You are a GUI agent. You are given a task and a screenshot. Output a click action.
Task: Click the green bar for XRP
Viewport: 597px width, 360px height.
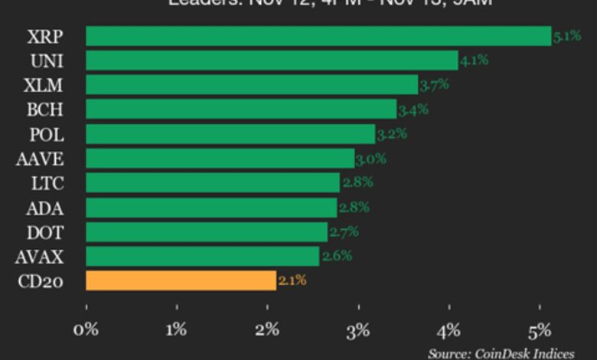coord(318,36)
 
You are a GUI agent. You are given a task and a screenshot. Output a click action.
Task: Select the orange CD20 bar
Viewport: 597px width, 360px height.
coord(181,280)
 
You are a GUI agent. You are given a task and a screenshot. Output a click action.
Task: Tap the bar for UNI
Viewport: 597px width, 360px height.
coord(272,61)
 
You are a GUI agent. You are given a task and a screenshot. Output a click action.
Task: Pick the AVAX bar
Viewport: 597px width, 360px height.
coord(202,256)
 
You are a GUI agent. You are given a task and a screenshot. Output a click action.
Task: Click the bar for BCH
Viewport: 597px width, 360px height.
coord(241,109)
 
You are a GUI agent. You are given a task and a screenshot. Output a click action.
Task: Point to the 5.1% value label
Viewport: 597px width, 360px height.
coord(567,35)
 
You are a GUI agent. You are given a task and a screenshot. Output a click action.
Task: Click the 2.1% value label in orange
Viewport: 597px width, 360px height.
coord(292,280)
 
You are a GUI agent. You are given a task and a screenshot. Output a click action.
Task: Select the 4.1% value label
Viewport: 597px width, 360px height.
coord(475,60)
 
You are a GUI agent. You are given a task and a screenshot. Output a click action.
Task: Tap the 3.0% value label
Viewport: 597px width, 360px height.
coord(371,159)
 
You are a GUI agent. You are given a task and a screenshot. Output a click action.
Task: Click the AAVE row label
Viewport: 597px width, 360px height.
coord(40,159)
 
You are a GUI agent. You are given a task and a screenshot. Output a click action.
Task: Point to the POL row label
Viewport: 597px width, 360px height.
coord(47,134)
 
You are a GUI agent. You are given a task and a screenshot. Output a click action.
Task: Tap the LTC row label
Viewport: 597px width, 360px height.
coord(47,183)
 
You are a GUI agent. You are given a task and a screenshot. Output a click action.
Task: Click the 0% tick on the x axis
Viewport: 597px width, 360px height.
coord(86,331)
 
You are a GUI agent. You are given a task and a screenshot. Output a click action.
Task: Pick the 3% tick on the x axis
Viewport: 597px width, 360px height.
coord(358,331)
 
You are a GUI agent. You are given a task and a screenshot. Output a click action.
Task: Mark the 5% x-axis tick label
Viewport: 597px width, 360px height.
coord(540,331)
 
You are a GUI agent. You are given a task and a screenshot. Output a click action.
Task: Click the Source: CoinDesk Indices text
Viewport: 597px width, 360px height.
coord(501,353)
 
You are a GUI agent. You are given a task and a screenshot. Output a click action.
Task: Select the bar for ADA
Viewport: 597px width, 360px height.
coord(211,207)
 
